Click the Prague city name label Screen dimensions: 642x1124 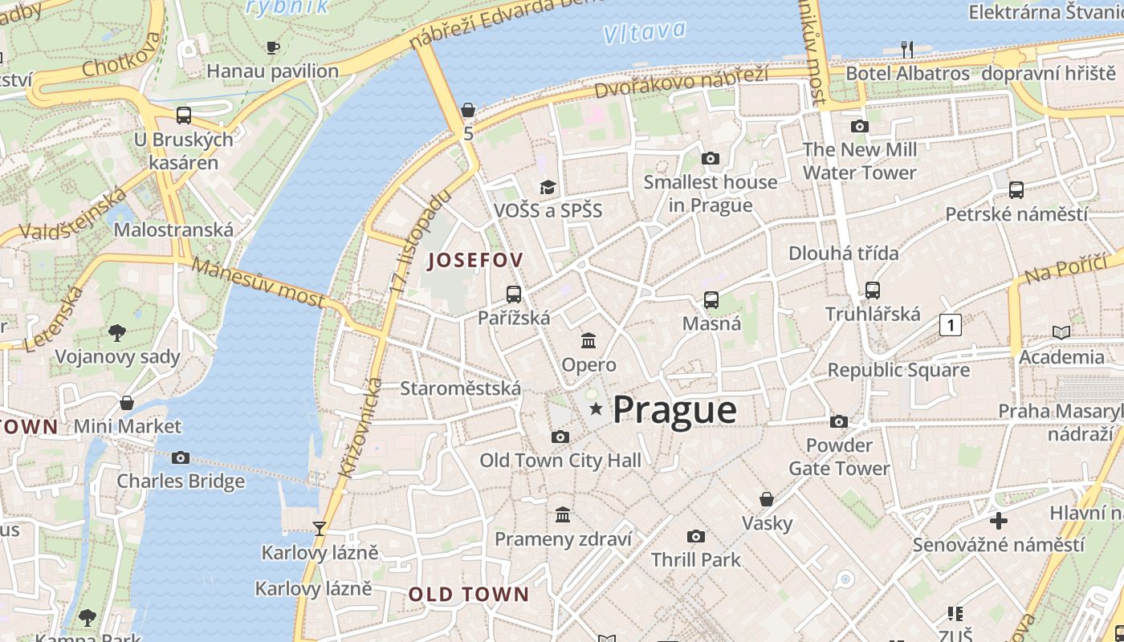click(x=674, y=410)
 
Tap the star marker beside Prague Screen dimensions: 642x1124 click(x=596, y=409)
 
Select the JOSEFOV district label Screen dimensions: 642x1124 click(x=475, y=260)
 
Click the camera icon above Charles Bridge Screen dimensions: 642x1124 click(x=181, y=457)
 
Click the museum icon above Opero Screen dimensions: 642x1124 click(x=588, y=341)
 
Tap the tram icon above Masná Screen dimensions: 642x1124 click(x=711, y=300)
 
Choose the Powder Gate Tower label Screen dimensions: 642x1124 click(x=839, y=457)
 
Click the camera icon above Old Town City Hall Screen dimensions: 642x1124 click(x=560, y=437)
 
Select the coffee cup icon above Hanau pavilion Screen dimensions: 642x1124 click(x=272, y=47)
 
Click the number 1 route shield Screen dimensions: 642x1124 click(x=951, y=325)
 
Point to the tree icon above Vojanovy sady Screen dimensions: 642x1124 click(x=117, y=332)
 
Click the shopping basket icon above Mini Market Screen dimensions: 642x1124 click(x=127, y=402)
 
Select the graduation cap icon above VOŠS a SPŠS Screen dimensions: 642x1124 click(x=548, y=187)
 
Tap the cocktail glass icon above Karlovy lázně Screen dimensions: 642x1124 click(x=320, y=528)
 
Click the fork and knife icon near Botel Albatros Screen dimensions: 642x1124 click(x=907, y=50)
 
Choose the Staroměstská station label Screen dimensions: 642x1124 click(x=461, y=388)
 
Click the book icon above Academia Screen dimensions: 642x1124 click(x=1061, y=332)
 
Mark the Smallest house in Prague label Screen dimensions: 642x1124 click(x=711, y=193)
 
